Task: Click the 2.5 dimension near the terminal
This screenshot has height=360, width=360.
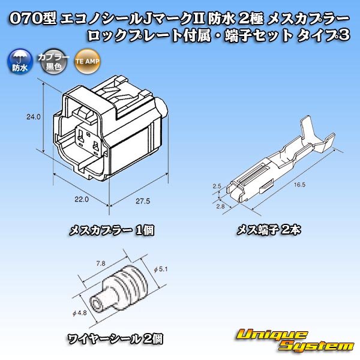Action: coord(218,187)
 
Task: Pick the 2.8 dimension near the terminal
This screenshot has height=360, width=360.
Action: coord(220,206)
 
